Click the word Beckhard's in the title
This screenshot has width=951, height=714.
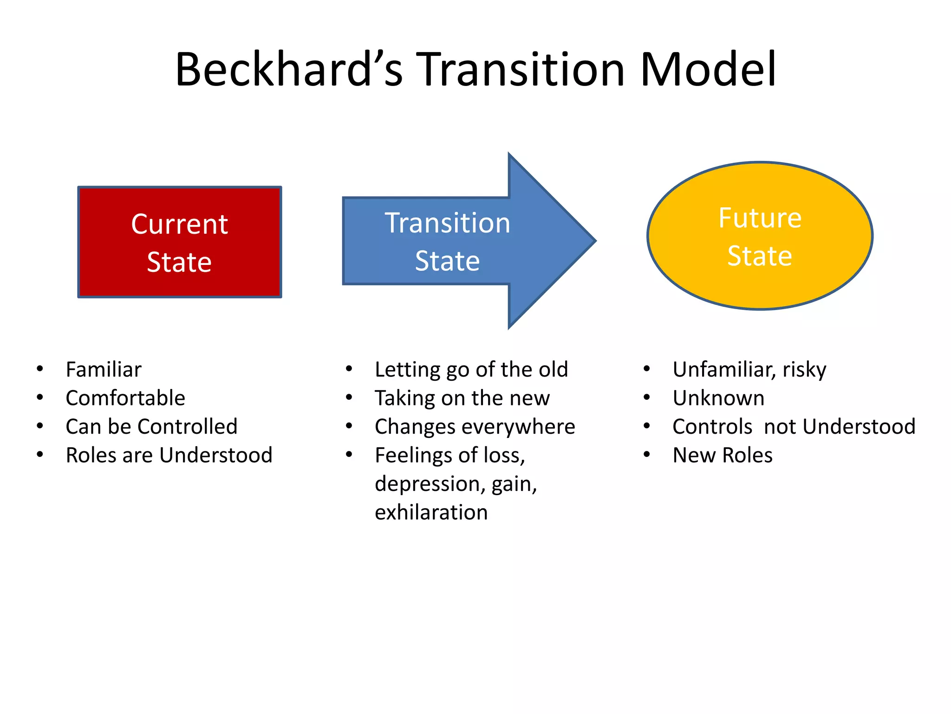[x=288, y=70]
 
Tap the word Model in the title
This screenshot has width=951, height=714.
[x=708, y=70]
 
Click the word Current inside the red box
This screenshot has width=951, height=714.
[x=180, y=225]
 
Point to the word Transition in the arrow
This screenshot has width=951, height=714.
[x=448, y=223]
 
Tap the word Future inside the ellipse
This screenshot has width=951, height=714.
[x=760, y=218]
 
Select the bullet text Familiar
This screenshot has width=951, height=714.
[x=104, y=370]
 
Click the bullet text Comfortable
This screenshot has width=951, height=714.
[x=125, y=398]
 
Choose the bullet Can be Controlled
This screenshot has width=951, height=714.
[x=151, y=427]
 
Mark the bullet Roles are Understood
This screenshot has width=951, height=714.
[x=169, y=456]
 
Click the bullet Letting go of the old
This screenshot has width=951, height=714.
[x=471, y=370]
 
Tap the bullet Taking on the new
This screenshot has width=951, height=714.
[x=462, y=398]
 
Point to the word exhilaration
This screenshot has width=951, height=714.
[x=431, y=513]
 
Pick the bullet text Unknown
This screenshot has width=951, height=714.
[x=718, y=398]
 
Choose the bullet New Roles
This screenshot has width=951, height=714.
[x=723, y=456]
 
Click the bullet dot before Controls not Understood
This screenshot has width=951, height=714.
[x=646, y=426]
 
